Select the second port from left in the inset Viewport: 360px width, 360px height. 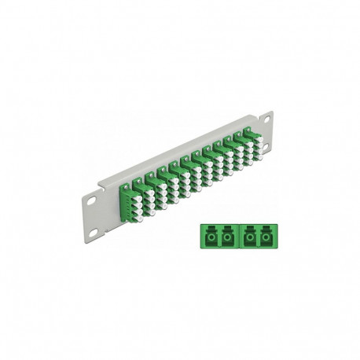pyautogui.click(x=226, y=235)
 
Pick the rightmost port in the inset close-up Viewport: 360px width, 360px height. pyautogui.click(x=268, y=235)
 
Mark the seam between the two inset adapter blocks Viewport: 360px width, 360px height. pyautogui.click(x=237, y=235)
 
